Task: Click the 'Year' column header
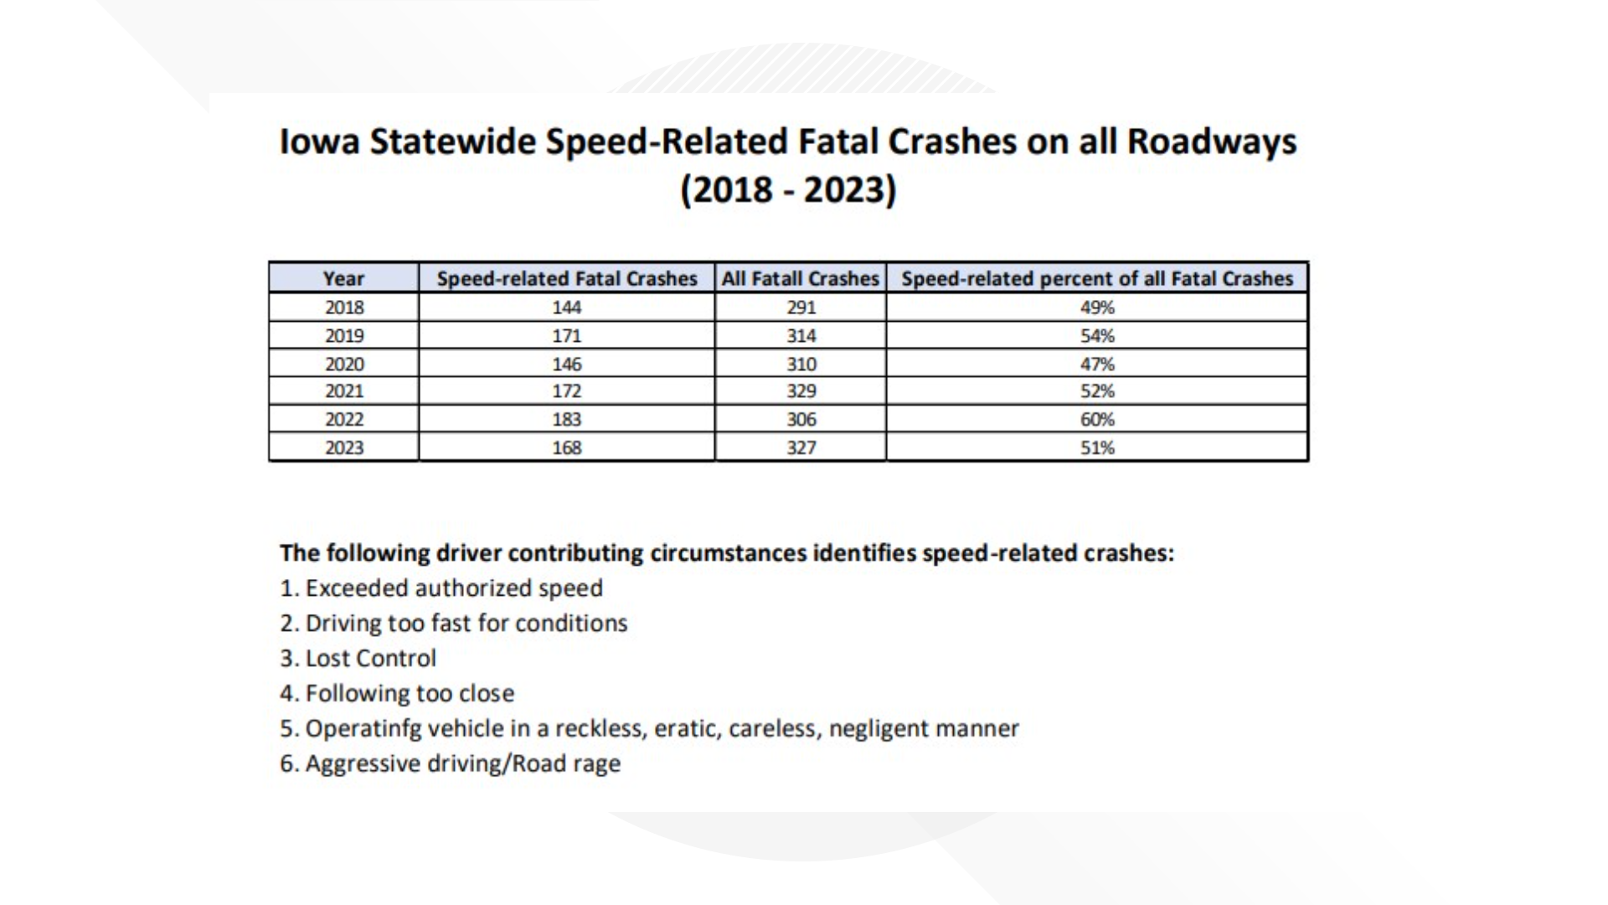pyautogui.click(x=343, y=278)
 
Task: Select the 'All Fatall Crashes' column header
pyautogui.click(x=801, y=278)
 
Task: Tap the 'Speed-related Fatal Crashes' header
pyautogui.click(x=567, y=278)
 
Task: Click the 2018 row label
pyautogui.click(x=344, y=308)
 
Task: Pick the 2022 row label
pyautogui.click(x=344, y=419)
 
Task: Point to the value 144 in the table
pyautogui.click(x=567, y=308)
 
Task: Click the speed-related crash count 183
pyautogui.click(x=567, y=419)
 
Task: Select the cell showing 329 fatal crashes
pyautogui.click(x=801, y=391)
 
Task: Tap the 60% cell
pyautogui.click(x=1097, y=419)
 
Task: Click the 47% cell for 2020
pyautogui.click(x=1097, y=364)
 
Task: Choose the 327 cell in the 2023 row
pyautogui.click(x=801, y=447)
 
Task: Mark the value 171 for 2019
pyautogui.click(x=567, y=335)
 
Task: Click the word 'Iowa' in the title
pyautogui.click(x=319, y=142)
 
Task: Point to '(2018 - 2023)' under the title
pyautogui.click(x=788, y=189)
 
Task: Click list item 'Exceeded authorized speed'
pyautogui.click(x=453, y=588)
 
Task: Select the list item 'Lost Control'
pyautogui.click(x=370, y=659)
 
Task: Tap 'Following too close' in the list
pyautogui.click(x=410, y=694)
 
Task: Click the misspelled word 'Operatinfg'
pyautogui.click(x=363, y=729)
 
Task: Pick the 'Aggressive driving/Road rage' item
pyautogui.click(x=462, y=764)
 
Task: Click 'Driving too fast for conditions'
pyautogui.click(x=466, y=623)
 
